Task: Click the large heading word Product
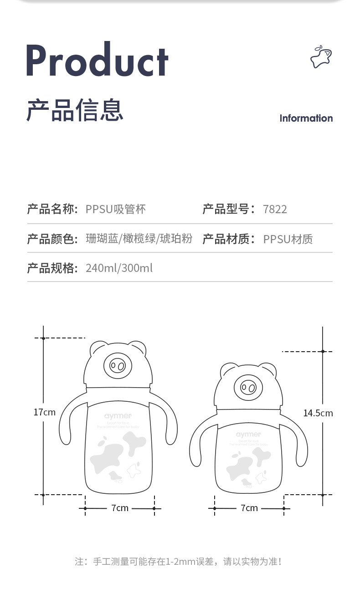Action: (97, 61)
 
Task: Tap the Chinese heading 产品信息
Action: (75, 110)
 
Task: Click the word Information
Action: (306, 118)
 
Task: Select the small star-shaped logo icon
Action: (321, 57)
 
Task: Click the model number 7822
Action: (275, 210)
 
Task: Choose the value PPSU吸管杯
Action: (116, 210)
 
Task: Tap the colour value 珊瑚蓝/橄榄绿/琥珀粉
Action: (139, 239)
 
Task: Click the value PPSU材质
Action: (288, 239)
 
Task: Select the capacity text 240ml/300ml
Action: (119, 268)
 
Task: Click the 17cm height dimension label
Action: (44, 412)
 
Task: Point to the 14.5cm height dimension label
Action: (318, 413)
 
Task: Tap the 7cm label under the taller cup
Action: (120, 508)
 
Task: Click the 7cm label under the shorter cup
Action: (249, 508)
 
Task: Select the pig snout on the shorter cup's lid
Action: (248, 388)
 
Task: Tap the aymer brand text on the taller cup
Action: (118, 416)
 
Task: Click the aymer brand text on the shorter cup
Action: (249, 435)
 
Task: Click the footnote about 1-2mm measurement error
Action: (178, 561)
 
